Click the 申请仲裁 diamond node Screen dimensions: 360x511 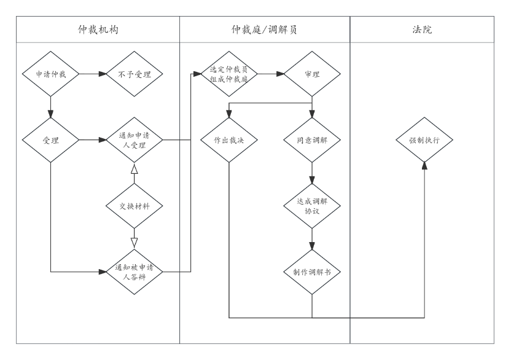[50, 74]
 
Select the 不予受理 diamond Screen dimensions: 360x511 [135, 74]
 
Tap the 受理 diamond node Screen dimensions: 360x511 [50, 140]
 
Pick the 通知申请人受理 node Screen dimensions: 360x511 [135, 140]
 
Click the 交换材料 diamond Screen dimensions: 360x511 [135, 206]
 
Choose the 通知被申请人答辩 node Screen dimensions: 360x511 [135, 272]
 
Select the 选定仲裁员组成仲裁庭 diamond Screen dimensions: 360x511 [228, 74]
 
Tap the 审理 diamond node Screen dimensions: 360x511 [312, 74]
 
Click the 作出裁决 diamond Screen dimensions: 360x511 [228, 140]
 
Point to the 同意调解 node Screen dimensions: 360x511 [312, 140]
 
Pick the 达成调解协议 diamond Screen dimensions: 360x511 [312, 206]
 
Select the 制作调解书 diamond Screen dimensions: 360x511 [312, 272]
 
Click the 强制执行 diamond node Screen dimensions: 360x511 [424, 140]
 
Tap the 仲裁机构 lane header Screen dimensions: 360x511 [98, 29]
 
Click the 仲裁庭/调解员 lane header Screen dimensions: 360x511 [265, 29]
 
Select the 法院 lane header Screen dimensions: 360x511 [422, 29]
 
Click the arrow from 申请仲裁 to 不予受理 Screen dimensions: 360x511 [92, 74]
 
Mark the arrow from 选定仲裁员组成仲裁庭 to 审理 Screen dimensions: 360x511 [270, 74]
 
